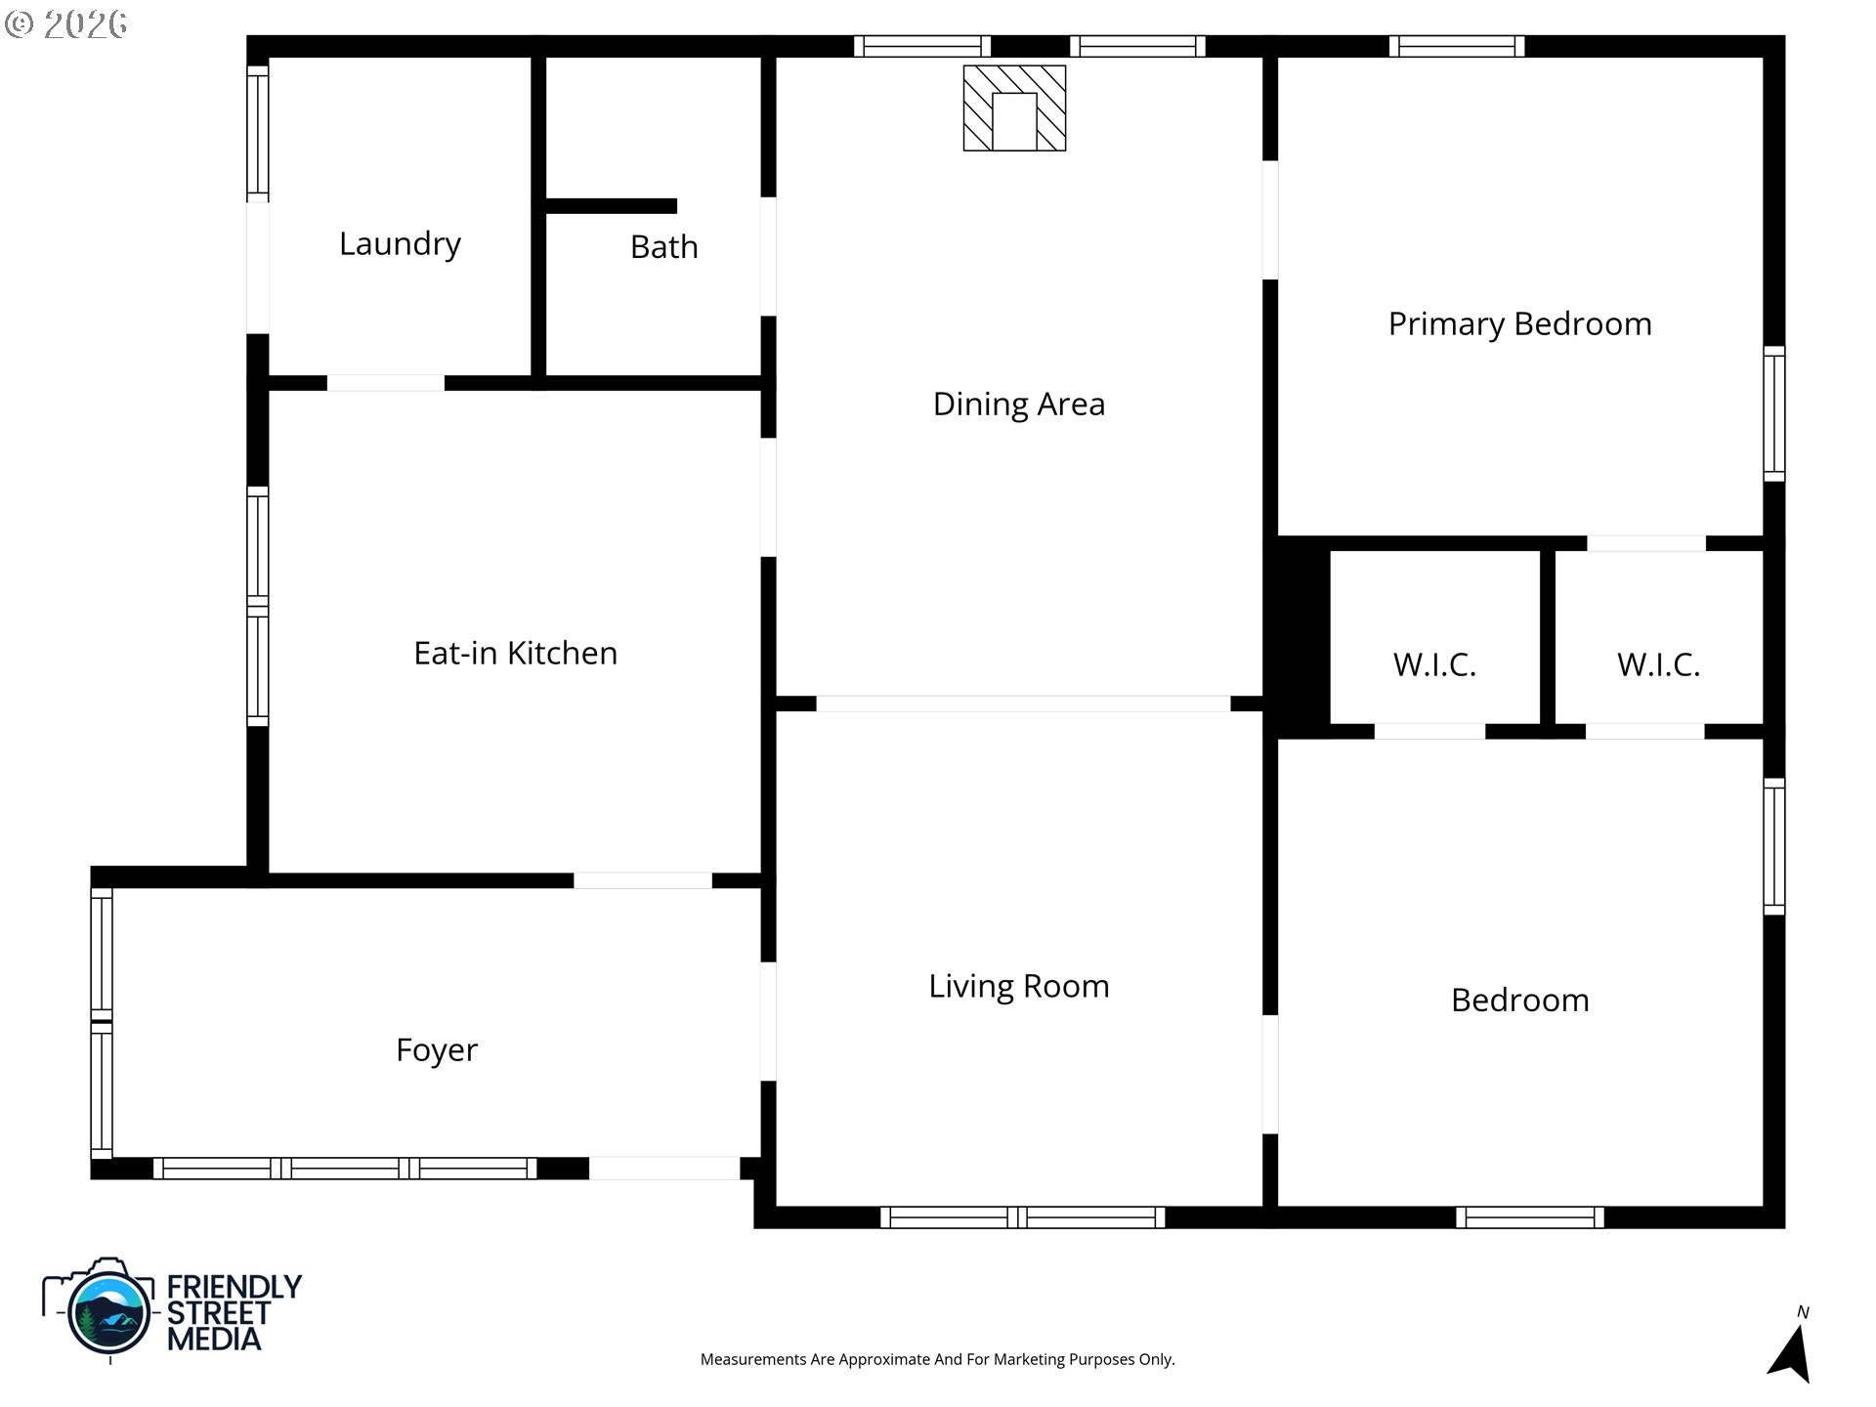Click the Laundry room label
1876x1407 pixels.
(400, 244)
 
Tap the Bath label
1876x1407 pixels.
(664, 247)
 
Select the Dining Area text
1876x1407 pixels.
(1019, 405)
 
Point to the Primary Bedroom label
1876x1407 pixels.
(1520, 324)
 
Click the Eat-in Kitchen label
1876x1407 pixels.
(516, 653)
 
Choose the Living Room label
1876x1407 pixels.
(1019, 987)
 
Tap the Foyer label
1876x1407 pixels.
(437, 1050)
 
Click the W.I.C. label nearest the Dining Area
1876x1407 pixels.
(1434, 664)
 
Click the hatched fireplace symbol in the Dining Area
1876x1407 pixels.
(1014, 108)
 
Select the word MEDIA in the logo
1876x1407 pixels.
(214, 1339)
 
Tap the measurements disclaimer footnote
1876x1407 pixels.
(938, 1359)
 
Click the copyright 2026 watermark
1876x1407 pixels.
(65, 23)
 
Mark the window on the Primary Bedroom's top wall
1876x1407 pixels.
(1457, 46)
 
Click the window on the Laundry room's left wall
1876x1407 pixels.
(257, 130)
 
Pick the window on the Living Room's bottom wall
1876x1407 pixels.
(1023, 1217)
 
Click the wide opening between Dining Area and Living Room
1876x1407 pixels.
(1023, 703)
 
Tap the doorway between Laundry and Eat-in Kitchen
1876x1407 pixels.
(385, 383)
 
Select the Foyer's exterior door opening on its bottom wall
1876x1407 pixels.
(664, 1168)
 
